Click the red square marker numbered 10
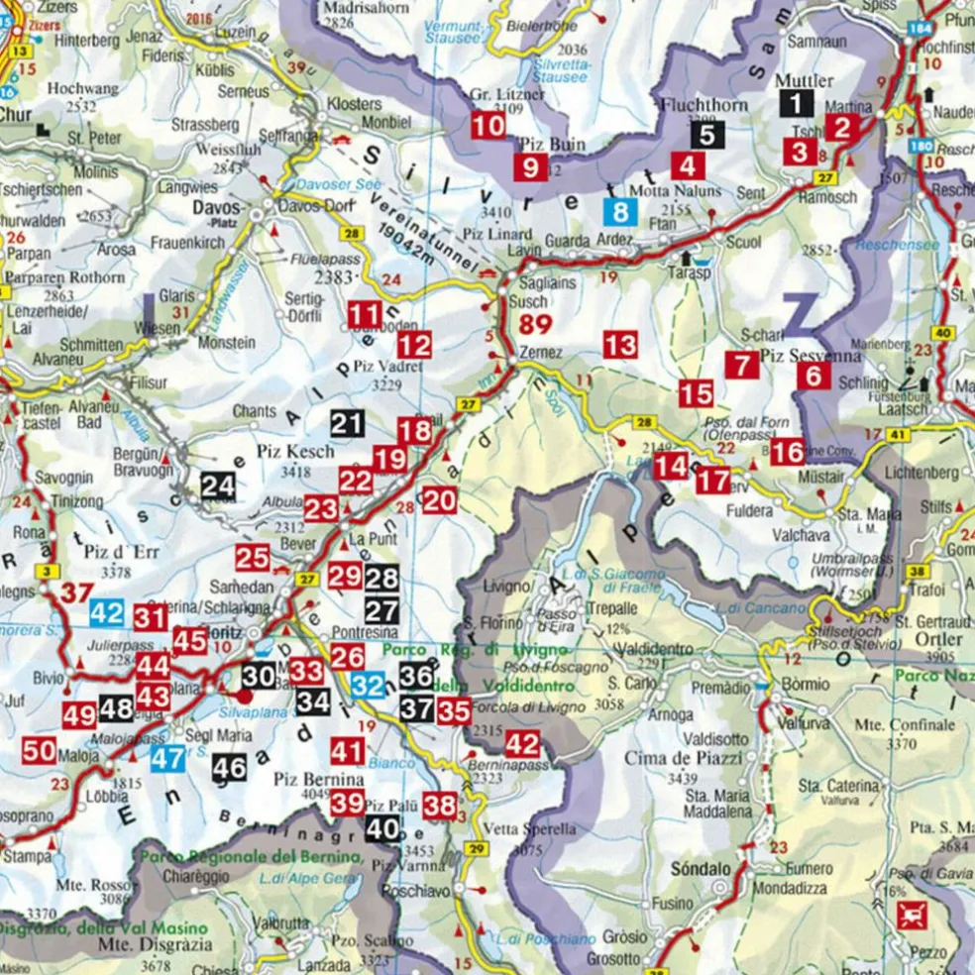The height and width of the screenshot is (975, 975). (x=487, y=126)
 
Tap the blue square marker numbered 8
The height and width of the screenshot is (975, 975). (x=620, y=210)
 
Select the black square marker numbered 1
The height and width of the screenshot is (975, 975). (x=796, y=102)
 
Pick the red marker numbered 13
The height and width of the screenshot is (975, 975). (x=620, y=346)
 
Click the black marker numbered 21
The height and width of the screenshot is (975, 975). (x=347, y=424)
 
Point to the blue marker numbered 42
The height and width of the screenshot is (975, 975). (x=107, y=612)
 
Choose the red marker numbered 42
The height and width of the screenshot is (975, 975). (x=522, y=745)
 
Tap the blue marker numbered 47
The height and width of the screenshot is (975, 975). (x=166, y=759)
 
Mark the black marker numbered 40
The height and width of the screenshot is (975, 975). (x=382, y=830)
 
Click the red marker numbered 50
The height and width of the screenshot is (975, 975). (x=40, y=751)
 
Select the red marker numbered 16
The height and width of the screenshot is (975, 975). (x=788, y=453)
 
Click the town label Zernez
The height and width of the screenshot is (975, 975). (x=540, y=353)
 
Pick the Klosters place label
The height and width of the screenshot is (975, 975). (x=354, y=103)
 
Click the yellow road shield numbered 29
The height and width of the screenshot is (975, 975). (x=478, y=849)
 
